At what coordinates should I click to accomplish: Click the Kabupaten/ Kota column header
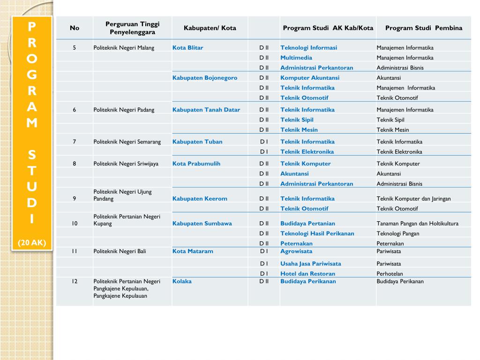210,28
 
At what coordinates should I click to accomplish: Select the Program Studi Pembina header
423,28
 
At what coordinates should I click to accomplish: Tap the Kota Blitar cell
188,48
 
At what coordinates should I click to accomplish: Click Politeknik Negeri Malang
124,48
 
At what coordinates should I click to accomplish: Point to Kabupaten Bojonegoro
205,78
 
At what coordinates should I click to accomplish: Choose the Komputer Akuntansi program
310,78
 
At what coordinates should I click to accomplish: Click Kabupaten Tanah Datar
206,110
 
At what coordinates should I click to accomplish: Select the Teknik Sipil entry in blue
297,120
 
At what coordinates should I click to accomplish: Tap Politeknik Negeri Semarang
127,142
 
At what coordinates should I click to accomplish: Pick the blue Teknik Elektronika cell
307,152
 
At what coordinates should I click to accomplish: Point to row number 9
75,198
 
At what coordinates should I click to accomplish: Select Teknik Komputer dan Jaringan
413,199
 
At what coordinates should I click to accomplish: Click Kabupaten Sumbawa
202,224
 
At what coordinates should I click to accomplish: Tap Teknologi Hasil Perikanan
317,233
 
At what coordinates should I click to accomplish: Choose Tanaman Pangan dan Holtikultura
417,224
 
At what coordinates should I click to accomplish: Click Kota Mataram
193,251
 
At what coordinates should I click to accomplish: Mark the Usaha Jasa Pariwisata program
311,264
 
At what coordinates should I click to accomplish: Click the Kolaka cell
182,281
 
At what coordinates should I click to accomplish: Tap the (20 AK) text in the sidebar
32,242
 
